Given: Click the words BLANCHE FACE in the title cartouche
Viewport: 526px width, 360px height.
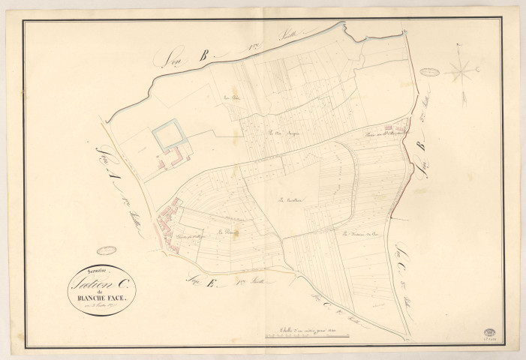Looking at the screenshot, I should [101, 295].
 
